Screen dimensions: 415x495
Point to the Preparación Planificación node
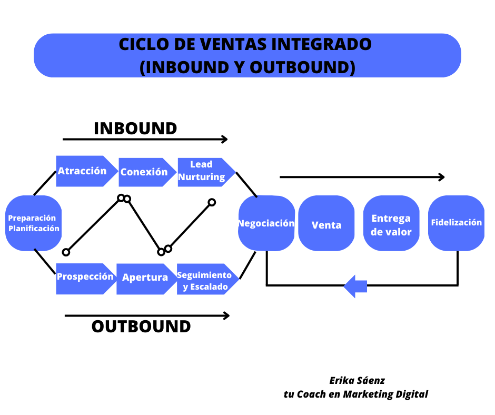pos(34,223)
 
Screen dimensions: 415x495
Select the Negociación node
pos(266,223)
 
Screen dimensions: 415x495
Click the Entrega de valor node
pos(391,225)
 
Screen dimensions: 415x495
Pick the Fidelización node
pos(456,223)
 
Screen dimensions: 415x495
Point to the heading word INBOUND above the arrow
pos(135,129)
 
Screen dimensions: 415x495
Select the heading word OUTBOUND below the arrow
pos(141,326)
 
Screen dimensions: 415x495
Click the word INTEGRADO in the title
pos(320,45)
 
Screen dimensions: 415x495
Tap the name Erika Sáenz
pos(357,380)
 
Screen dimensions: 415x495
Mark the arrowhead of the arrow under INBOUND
pos(225,139)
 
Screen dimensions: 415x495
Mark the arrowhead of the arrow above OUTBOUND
pos(226,315)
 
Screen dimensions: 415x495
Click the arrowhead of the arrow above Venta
pos(442,177)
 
